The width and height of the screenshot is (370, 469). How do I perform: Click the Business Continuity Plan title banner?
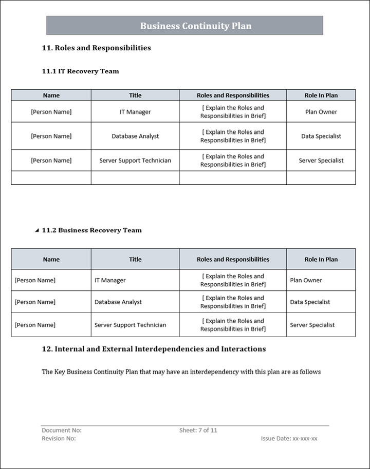click(x=185, y=26)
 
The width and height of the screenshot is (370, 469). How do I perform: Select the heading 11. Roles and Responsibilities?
click(x=96, y=48)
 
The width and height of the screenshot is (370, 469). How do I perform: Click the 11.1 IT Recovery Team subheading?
click(x=80, y=71)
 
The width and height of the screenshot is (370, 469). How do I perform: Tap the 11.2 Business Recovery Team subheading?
click(x=100, y=230)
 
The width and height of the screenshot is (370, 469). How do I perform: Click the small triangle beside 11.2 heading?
click(x=36, y=230)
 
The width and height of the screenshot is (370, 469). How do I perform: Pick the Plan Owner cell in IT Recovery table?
click(x=321, y=112)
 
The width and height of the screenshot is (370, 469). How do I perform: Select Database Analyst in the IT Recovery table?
click(x=135, y=136)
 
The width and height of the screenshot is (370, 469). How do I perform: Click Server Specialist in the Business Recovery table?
click(x=312, y=325)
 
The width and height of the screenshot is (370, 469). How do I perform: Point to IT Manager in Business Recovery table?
click(x=110, y=280)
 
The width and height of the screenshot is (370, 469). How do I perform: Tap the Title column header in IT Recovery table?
click(x=135, y=95)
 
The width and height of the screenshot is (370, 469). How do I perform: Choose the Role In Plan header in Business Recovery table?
click(x=321, y=260)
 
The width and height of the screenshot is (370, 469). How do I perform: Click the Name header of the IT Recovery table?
click(x=51, y=95)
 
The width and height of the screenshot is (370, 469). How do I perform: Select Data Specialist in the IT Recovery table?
click(x=321, y=136)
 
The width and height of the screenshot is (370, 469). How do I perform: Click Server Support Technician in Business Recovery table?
click(x=130, y=325)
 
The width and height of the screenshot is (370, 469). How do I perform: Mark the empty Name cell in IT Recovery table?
click(x=51, y=178)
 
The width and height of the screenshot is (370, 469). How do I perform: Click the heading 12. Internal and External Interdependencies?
click(x=154, y=349)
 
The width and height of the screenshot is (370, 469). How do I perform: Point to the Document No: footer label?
click(x=61, y=431)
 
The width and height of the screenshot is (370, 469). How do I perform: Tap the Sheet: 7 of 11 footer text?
click(x=198, y=431)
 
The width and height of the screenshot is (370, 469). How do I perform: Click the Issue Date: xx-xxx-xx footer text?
click(x=289, y=439)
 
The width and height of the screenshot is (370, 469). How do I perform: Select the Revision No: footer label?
click(x=59, y=439)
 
